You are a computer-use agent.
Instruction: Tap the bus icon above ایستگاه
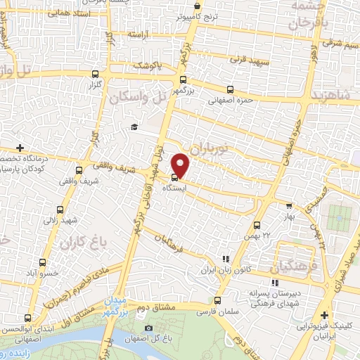[x=174, y=177]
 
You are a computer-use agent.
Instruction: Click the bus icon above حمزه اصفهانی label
[x=231, y=89]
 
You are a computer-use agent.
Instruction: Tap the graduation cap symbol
[x=132, y=127]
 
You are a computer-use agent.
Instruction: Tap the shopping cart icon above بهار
[x=288, y=207]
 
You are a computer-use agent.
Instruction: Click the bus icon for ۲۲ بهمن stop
[x=257, y=226]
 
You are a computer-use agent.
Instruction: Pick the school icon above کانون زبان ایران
[x=225, y=259]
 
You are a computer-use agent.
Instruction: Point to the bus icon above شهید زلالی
[x=61, y=209]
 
